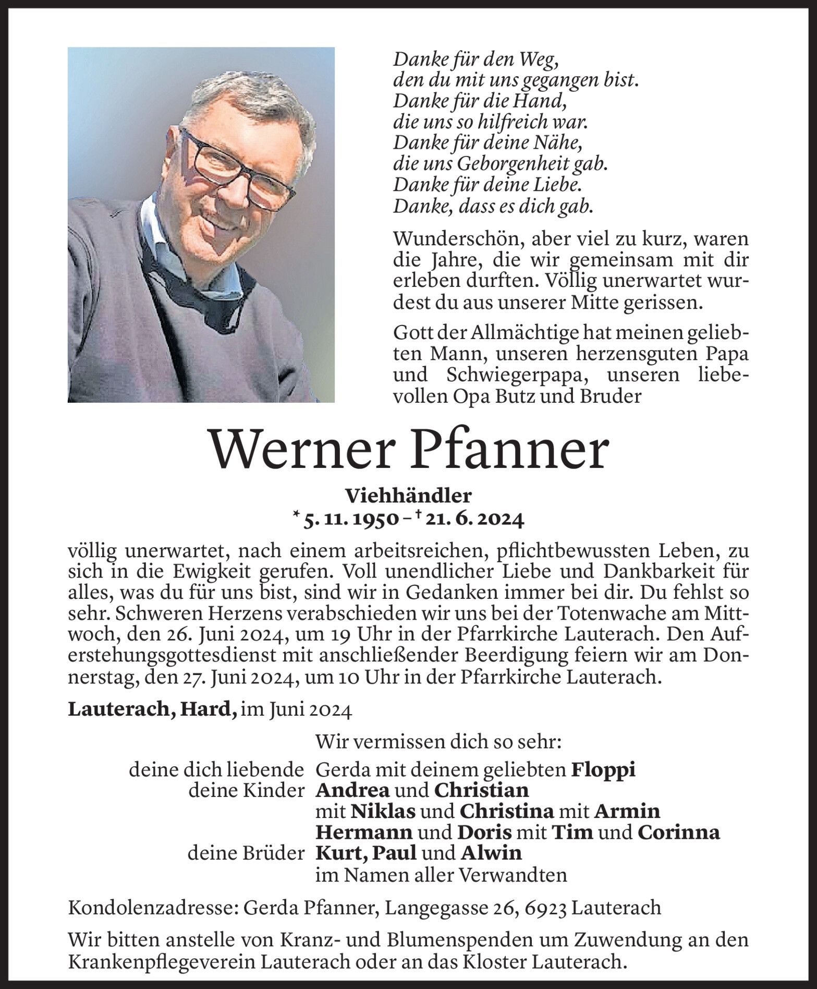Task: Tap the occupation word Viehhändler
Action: coord(408,495)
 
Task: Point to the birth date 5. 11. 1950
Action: coord(351,519)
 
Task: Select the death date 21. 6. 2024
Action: coord(472,519)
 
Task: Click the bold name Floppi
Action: coord(603,770)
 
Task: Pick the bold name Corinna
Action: coord(679,832)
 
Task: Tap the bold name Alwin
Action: coord(491,853)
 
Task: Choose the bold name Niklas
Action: coord(383,812)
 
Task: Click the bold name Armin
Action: coord(627,812)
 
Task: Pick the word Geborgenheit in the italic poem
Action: coord(523,165)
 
